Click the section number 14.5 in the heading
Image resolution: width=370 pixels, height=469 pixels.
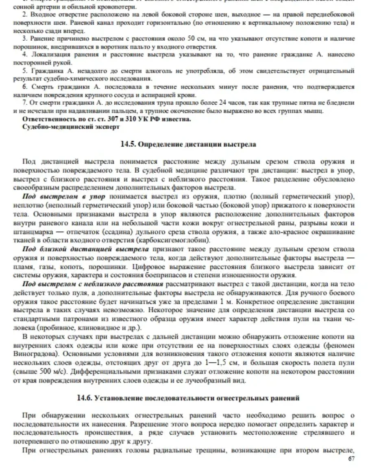tap(128, 144)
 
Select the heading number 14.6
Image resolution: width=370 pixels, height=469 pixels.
tap(85, 398)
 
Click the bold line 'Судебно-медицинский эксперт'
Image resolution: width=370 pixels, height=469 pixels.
tap(71, 127)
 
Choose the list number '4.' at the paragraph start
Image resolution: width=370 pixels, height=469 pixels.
tap(25, 54)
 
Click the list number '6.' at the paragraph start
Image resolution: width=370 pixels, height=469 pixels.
tap(25, 87)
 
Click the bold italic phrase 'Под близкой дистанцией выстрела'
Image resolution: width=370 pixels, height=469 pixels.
tap(85, 249)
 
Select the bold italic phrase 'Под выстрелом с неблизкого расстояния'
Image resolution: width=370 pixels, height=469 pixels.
tap(93, 284)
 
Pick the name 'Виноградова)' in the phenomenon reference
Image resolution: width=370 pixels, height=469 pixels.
tap(33, 353)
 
